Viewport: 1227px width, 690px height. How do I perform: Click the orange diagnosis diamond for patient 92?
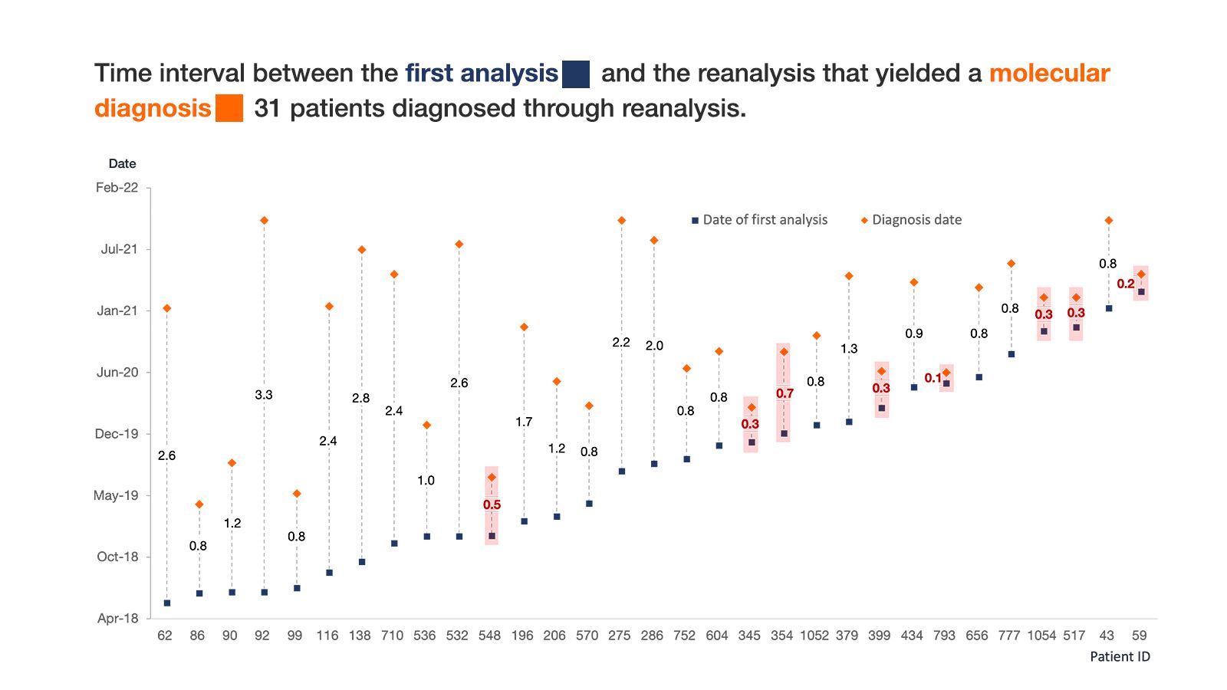pyautogui.click(x=264, y=221)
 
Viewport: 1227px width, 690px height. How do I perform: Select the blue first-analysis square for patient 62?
pyautogui.click(x=167, y=603)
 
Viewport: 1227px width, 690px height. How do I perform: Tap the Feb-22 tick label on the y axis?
pyautogui.click(x=117, y=188)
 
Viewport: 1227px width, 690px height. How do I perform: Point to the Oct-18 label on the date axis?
pyautogui.click(x=117, y=557)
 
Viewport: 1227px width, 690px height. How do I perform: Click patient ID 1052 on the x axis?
pyautogui.click(x=814, y=636)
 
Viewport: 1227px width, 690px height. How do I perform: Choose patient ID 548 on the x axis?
pyautogui.click(x=489, y=636)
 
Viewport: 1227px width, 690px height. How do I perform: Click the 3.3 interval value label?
pyautogui.click(x=264, y=395)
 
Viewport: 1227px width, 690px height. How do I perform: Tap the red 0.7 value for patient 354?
pyautogui.click(x=785, y=394)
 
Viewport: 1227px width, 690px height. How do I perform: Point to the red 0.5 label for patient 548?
pyautogui.click(x=492, y=504)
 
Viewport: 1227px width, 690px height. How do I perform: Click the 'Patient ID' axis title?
pyautogui.click(x=1120, y=656)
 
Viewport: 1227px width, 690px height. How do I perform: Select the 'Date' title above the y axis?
pyautogui.click(x=122, y=163)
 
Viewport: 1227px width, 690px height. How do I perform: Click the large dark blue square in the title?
pyautogui.click(x=576, y=74)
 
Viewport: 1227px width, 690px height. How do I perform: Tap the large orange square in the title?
pyautogui.click(x=229, y=108)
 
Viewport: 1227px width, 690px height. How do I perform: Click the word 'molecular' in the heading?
pyautogui.click(x=1049, y=74)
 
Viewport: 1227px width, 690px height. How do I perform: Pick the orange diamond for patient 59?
pyautogui.click(x=1141, y=274)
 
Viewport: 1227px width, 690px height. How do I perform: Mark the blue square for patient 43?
pyautogui.click(x=1109, y=308)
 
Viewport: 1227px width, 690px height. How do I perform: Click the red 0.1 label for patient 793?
pyautogui.click(x=933, y=378)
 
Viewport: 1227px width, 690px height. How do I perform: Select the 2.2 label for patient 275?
pyautogui.click(x=621, y=343)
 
